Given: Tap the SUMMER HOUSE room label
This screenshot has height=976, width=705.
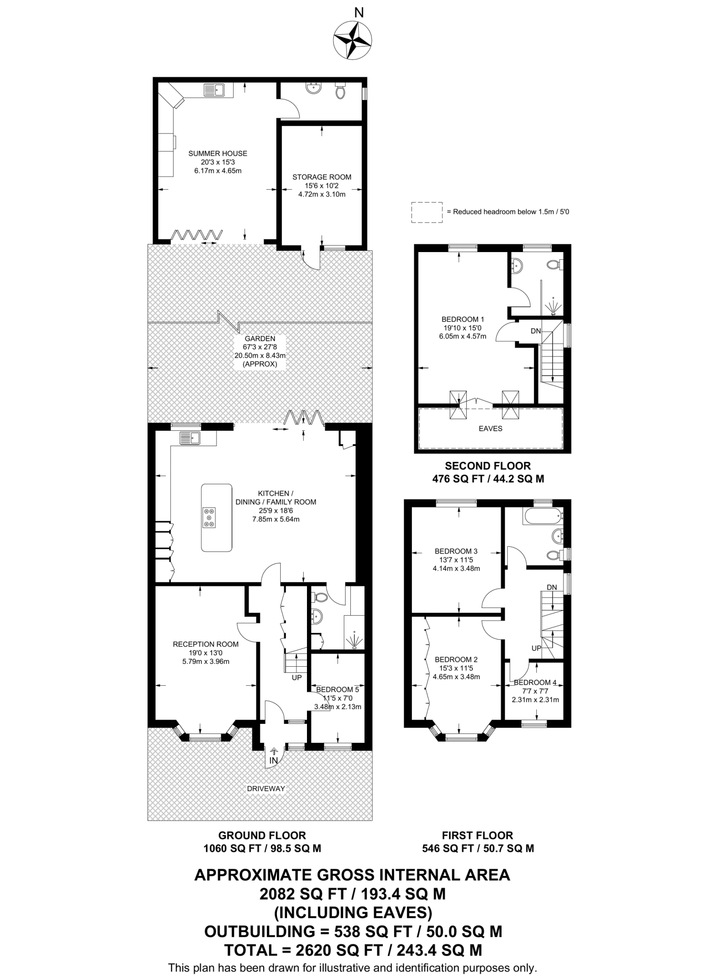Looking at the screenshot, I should [x=218, y=153].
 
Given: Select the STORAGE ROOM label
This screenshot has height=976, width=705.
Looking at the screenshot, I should [x=322, y=177].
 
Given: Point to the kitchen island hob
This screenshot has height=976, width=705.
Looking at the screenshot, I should [x=209, y=518].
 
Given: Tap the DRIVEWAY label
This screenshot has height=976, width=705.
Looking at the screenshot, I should [x=266, y=789].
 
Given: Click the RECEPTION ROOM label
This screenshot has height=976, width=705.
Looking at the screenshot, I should [x=205, y=644].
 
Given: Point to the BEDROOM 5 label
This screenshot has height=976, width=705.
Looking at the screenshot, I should [x=337, y=689].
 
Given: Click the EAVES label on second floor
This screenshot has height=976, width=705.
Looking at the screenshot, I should [x=490, y=428].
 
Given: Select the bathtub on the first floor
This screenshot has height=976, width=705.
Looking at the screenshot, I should [x=542, y=517].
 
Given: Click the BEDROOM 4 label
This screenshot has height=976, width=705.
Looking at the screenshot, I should [x=535, y=682].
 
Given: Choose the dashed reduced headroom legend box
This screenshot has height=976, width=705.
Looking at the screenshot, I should [x=427, y=212].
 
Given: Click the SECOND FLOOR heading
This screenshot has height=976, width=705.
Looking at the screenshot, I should [x=488, y=466].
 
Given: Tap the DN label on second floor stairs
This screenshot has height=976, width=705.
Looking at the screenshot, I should [x=536, y=331].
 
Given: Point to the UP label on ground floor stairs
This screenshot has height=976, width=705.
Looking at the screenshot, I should [x=296, y=677].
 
